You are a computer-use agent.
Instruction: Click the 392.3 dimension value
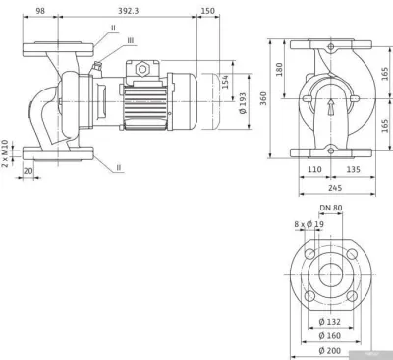click(x=129, y=11)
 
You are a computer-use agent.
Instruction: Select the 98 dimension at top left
click(x=40, y=11)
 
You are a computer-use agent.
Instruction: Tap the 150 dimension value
click(x=208, y=11)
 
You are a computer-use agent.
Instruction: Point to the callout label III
click(x=131, y=40)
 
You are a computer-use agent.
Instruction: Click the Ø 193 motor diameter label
click(x=243, y=103)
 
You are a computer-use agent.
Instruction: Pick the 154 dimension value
click(x=225, y=82)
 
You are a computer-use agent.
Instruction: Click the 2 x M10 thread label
click(x=5, y=153)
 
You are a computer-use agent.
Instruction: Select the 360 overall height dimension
click(x=263, y=98)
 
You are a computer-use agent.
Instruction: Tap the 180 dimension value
click(x=279, y=70)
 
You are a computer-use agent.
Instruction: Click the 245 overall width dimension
click(x=335, y=188)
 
